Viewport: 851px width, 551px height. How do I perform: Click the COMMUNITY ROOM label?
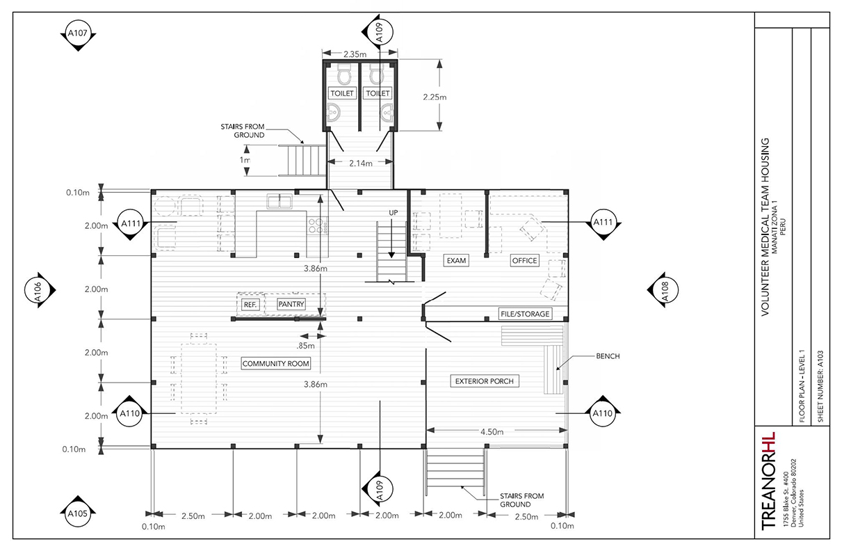(x=276, y=364)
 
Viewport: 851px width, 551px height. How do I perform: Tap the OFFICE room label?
(x=525, y=261)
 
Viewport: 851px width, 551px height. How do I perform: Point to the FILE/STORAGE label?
(x=525, y=314)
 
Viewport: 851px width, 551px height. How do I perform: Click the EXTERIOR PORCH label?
(x=487, y=381)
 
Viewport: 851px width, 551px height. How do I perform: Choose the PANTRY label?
(x=291, y=305)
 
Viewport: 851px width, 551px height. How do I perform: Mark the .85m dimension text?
(x=305, y=344)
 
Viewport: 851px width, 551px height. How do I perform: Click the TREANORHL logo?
(x=768, y=480)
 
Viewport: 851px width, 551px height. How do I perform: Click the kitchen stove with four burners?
(x=316, y=225)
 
